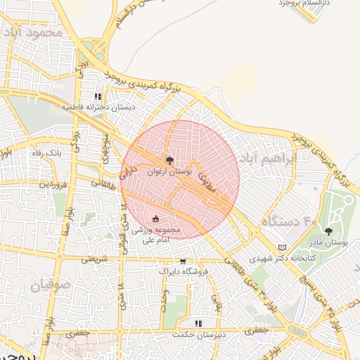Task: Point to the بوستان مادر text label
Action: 330,243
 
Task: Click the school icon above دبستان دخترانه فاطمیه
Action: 98,97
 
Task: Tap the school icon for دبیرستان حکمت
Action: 199,323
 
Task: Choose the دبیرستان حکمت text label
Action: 200,334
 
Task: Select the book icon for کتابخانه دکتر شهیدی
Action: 282,248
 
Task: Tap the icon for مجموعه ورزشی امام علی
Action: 155,218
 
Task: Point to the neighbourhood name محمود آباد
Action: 32,32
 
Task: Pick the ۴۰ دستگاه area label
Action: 290,221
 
